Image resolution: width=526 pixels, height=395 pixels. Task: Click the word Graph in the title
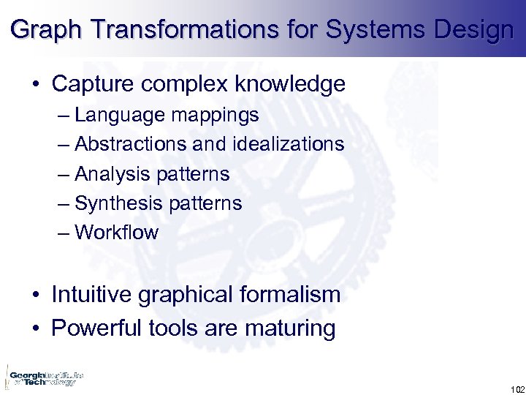coord(41,31)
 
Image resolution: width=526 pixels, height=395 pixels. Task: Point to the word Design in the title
coord(476,31)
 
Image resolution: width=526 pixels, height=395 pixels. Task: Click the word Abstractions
coord(134,144)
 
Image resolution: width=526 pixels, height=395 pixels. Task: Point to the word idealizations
coord(289,144)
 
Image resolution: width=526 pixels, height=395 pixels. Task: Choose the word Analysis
coord(111,174)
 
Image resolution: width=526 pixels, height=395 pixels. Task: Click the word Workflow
coord(116,233)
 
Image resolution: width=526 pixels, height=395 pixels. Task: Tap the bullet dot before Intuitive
coord(36,296)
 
